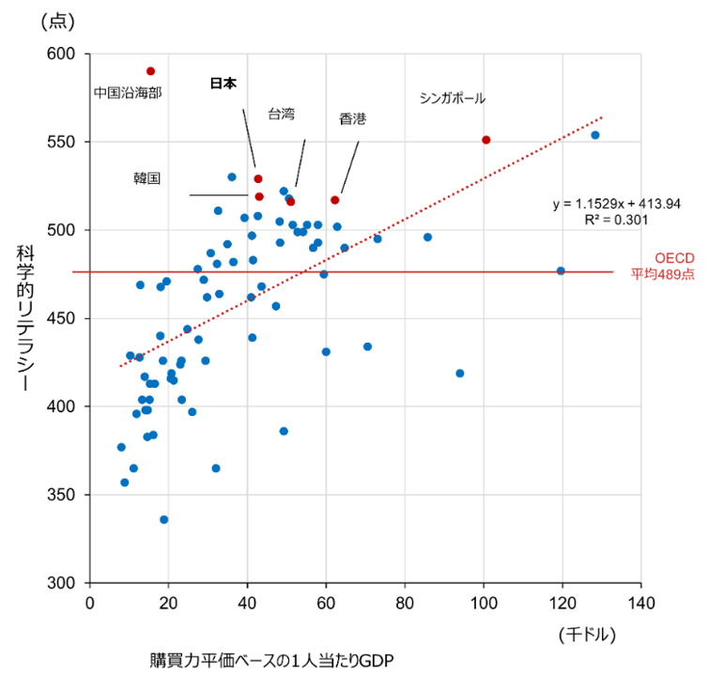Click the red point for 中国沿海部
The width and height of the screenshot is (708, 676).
pos(150,71)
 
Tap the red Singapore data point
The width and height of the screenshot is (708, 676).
pos(485,140)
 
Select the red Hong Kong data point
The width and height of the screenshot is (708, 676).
pos(335,200)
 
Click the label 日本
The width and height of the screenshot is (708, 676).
pos(223,84)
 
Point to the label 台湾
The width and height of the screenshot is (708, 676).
pos(281,114)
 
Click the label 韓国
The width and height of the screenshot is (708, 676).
pos(147,177)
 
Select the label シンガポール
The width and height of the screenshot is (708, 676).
pos(453,98)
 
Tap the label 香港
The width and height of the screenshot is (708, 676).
pos(352,119)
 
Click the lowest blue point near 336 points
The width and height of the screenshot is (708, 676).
pos(164,519)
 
